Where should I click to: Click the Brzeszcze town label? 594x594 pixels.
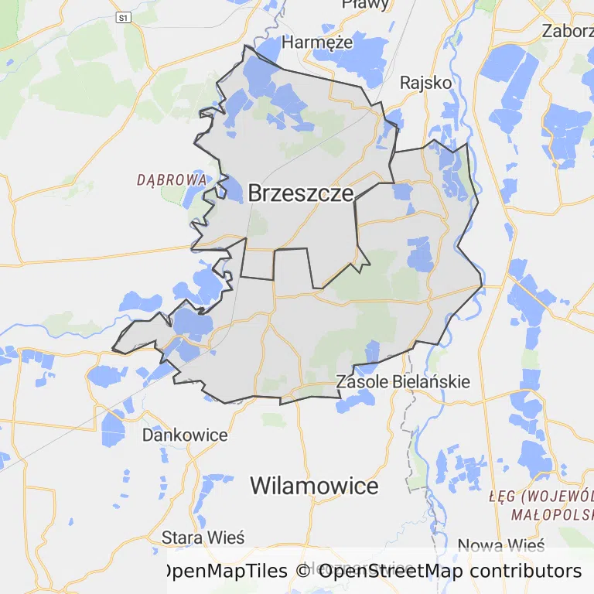(301, 193)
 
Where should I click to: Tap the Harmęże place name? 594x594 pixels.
(317, 43)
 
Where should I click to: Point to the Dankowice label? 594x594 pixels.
(185, 435)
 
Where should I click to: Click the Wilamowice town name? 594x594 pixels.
(314, 486)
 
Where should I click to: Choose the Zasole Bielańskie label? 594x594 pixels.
(403, 381)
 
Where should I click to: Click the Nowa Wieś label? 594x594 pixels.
(501, 546)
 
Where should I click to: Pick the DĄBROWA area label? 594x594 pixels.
(172, 179)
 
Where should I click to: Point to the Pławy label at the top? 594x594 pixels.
(365, 5)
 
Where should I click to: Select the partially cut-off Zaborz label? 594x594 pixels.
(568, 32)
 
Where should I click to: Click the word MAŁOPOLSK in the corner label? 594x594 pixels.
(552, 514)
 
